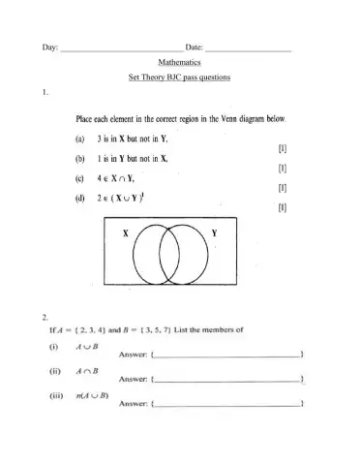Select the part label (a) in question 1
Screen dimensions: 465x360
click(x=79, y=139)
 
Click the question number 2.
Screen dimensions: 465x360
click(x=45, y=317)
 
